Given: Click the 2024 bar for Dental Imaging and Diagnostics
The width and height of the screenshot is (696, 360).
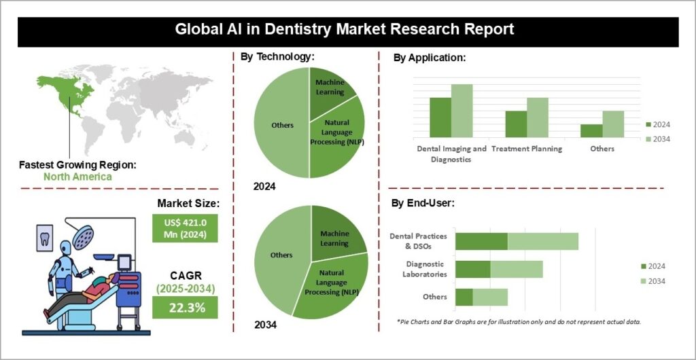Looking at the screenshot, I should (440, 118).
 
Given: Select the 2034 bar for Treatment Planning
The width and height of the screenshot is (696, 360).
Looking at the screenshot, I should (537, 118).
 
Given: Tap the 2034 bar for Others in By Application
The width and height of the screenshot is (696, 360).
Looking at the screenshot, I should (612, 124).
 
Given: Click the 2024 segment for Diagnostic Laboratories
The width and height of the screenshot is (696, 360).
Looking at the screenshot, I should (472, 269).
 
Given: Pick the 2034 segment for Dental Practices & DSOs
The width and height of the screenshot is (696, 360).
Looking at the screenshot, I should (542, 241).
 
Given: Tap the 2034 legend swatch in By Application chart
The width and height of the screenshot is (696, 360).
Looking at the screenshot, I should (648, 139).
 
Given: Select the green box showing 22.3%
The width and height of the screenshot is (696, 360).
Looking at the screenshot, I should (184, 308).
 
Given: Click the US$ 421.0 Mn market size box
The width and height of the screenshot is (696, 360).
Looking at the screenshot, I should (185, 228).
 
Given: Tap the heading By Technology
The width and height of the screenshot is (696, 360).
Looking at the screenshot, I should (277, 57).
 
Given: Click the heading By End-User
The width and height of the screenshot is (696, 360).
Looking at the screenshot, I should (423, 202).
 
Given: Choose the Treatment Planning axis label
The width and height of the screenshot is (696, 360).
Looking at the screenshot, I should (527, 149).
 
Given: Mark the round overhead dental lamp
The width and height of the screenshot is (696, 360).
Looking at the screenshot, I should (84, 236).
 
